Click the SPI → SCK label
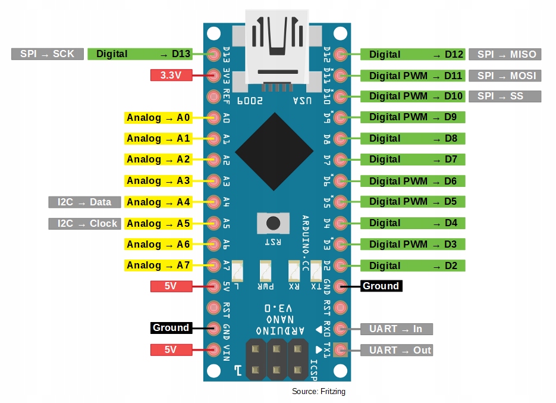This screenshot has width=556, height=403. (x=47, y=54)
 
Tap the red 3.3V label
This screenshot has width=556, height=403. (x=171, y=76)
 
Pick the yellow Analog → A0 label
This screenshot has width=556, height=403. (x=158, y=118)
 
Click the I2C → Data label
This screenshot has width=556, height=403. (x=84, y=202)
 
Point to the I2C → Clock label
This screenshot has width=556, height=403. (x=84, y=224)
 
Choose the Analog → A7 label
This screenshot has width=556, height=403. (x=158, y=265)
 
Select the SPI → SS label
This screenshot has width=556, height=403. (x=505, y=96)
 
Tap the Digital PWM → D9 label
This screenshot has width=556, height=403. (x=413, y=117)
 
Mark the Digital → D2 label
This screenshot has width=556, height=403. (x=413, y=265)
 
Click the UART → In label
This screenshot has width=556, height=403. (x=396, y=329)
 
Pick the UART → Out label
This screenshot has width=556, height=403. (x=396, y=350)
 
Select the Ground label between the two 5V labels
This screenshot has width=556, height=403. (x=170, y=328)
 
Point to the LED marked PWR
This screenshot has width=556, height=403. (x=265, y=271)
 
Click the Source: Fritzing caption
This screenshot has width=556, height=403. (x=318, y=392)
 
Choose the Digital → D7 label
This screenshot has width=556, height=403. (x=413, y=160)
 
